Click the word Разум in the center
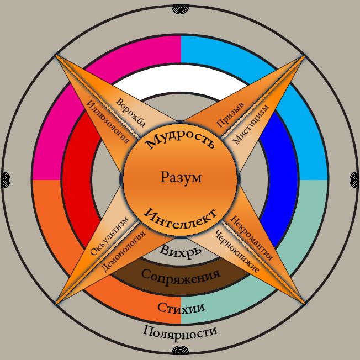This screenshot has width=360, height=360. click(181, 178)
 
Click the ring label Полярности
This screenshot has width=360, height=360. click(180, 332)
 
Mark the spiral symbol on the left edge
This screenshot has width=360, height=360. click(5, 178)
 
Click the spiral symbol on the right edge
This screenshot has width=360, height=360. click(355, 178)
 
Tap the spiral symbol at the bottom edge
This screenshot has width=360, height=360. click(181, 355)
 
